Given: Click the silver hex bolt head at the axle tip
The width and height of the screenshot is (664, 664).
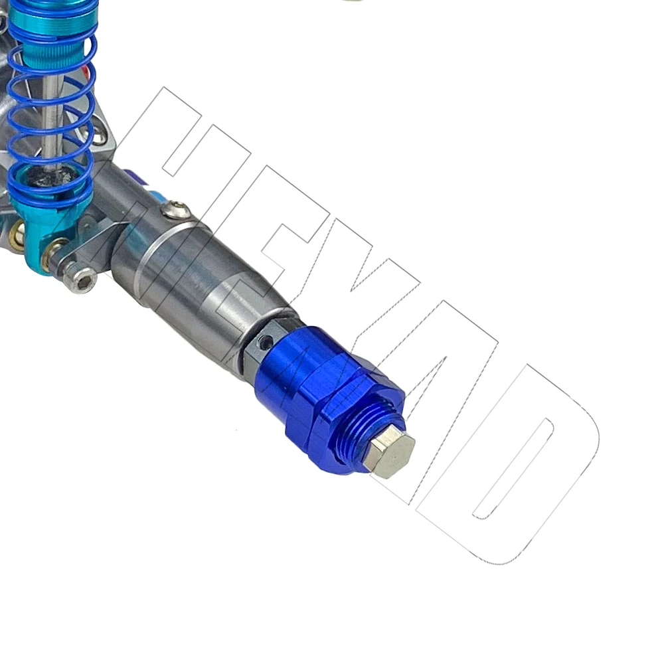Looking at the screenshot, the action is coord(390,453).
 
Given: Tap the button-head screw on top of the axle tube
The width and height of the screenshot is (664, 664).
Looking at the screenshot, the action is coord(176,210).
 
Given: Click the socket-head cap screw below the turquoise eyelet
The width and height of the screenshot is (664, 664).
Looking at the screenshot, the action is coord(80,280).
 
